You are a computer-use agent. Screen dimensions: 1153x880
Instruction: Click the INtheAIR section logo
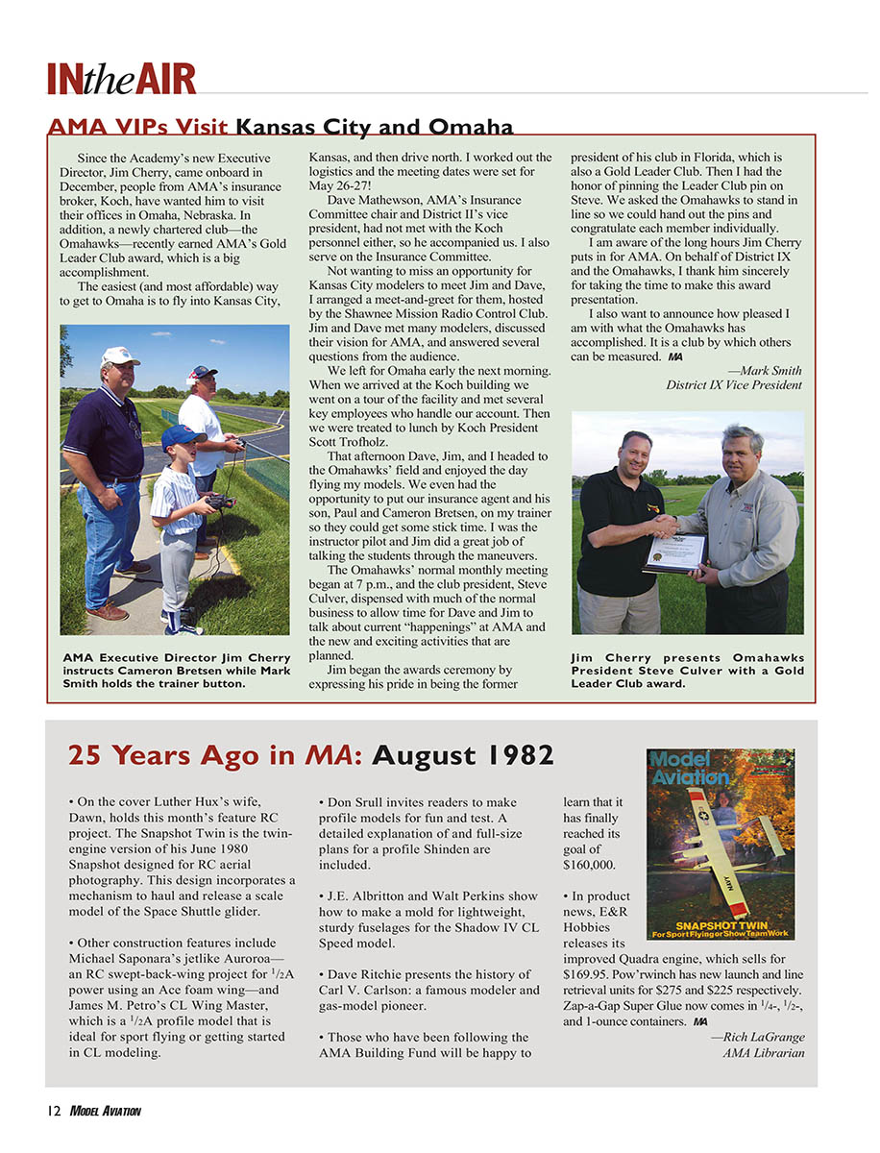pos(121,78)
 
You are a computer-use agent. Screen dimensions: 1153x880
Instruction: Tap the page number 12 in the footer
pos(53,1112)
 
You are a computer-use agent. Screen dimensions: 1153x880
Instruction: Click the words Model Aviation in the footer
pos(106,1112)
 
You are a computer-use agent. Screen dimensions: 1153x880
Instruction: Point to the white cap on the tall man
pos(120,356)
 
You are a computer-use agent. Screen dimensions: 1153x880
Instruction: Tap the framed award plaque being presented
pos(676,553)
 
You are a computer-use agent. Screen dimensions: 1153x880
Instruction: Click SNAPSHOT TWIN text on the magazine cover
pos(721,924)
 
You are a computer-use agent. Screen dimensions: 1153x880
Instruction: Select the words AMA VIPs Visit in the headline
pos(137,128)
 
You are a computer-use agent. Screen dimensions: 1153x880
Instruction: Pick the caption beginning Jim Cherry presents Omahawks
pos(687,671)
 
